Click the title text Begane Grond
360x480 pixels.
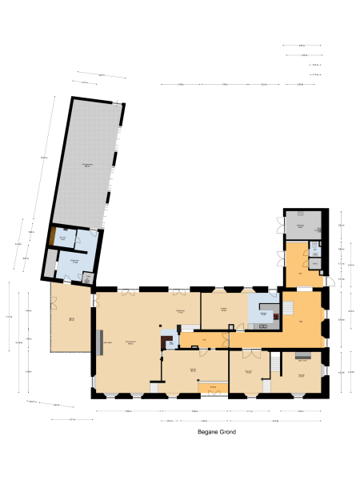pos(216,431)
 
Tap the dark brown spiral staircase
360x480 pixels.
pos(168,342)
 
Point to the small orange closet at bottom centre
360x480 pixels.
pos(213,388)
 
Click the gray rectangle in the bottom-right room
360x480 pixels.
pos(303,356)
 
